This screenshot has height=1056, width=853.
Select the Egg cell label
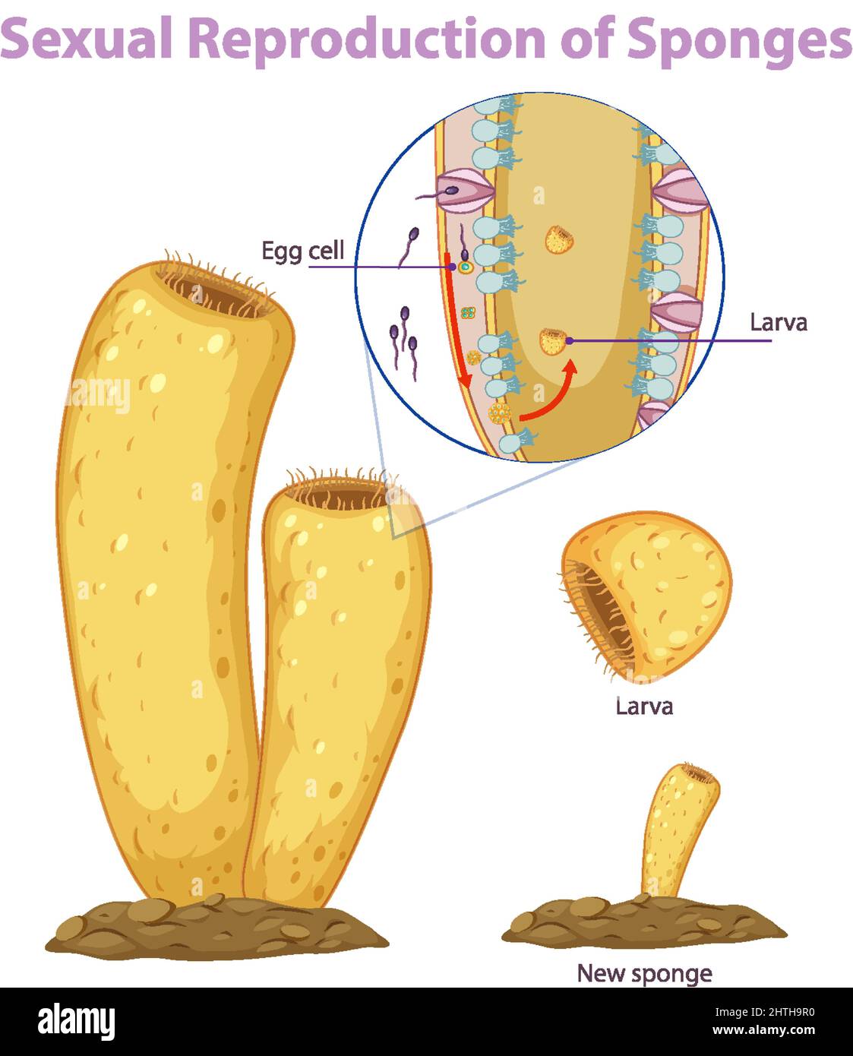pyautogui.click(x=302, y=251)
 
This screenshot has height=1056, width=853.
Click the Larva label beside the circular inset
pyautogui.click(x=778, y=322)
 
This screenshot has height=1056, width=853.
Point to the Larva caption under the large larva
pyautogui.click(x=644, y=707)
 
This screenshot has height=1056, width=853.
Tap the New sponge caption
pyautogui.click(x=644, y=973)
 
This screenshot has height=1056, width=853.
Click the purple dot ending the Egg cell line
pyautogui.click(x=453, y=267)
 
